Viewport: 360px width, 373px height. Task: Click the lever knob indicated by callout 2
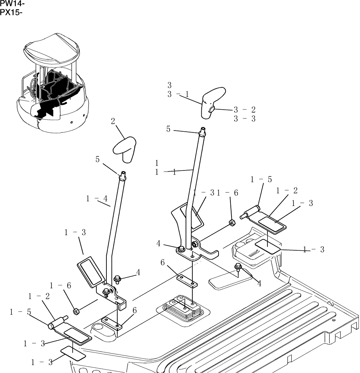pyautogui.click(x=124, y=148)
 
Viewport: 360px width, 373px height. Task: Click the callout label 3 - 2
pyautogui.click(x=244, y=110)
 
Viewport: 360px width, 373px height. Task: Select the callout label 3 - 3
pyautogui.click(x=244, y=119)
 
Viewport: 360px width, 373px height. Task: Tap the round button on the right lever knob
pyautogui.click(x=211, y=109)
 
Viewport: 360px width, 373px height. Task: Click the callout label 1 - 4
pyautogui.click(x=97, y=199)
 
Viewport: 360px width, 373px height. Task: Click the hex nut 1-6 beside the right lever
pyautogui.click(x=232, y=223)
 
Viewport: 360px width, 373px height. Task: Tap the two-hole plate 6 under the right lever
pyautogui.click(x=187, y=281)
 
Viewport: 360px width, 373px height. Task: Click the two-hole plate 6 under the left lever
pyautogui.click(x=112, y=323)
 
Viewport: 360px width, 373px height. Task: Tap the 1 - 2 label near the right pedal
pyautogui.click(x=286, y=191)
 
